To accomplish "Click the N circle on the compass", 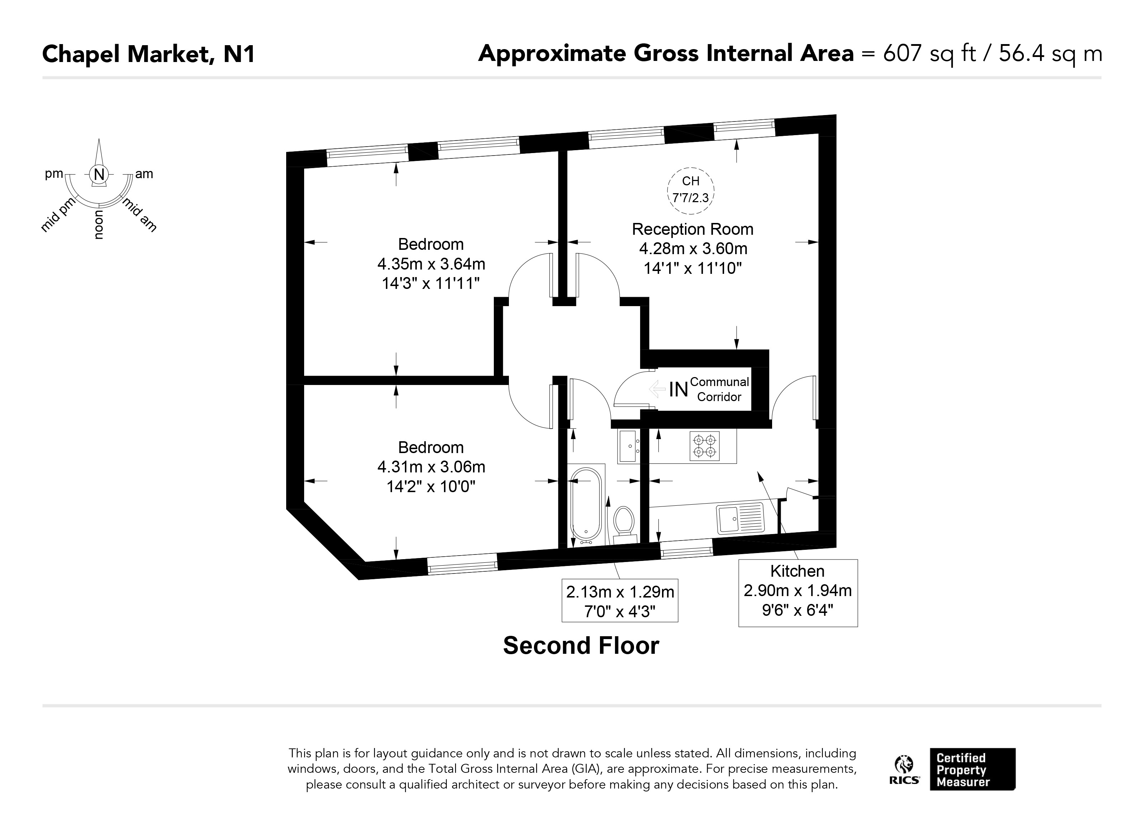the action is (x=99, y=175).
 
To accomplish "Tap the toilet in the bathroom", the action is (x=624, y=524).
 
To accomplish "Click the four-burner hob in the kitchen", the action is (x=705, y=446).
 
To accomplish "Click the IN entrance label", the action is (x=679, y=389).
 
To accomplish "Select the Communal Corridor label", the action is (x=719, y=389).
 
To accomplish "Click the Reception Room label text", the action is (x=692, y=229).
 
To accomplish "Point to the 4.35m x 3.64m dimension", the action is (x=431, y=264).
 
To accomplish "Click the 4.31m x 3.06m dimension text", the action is (x=431, y=467).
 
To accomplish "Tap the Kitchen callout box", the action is (x=798, y=593).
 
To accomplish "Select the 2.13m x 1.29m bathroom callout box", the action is (x=620, y=600).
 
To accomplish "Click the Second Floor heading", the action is (x=581, y=646).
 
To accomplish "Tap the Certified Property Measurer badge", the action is (x=973, y=769).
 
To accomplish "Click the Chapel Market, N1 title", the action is (x=148, y=54).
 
